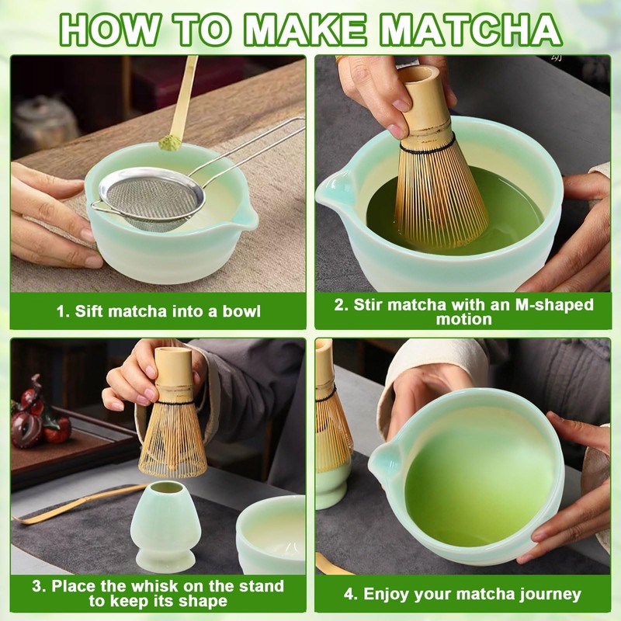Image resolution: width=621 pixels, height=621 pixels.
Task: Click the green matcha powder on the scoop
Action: [169, 142]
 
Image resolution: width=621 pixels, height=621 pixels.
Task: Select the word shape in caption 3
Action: [203, 601]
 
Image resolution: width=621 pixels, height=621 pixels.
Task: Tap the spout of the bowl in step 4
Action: [386, 460]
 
